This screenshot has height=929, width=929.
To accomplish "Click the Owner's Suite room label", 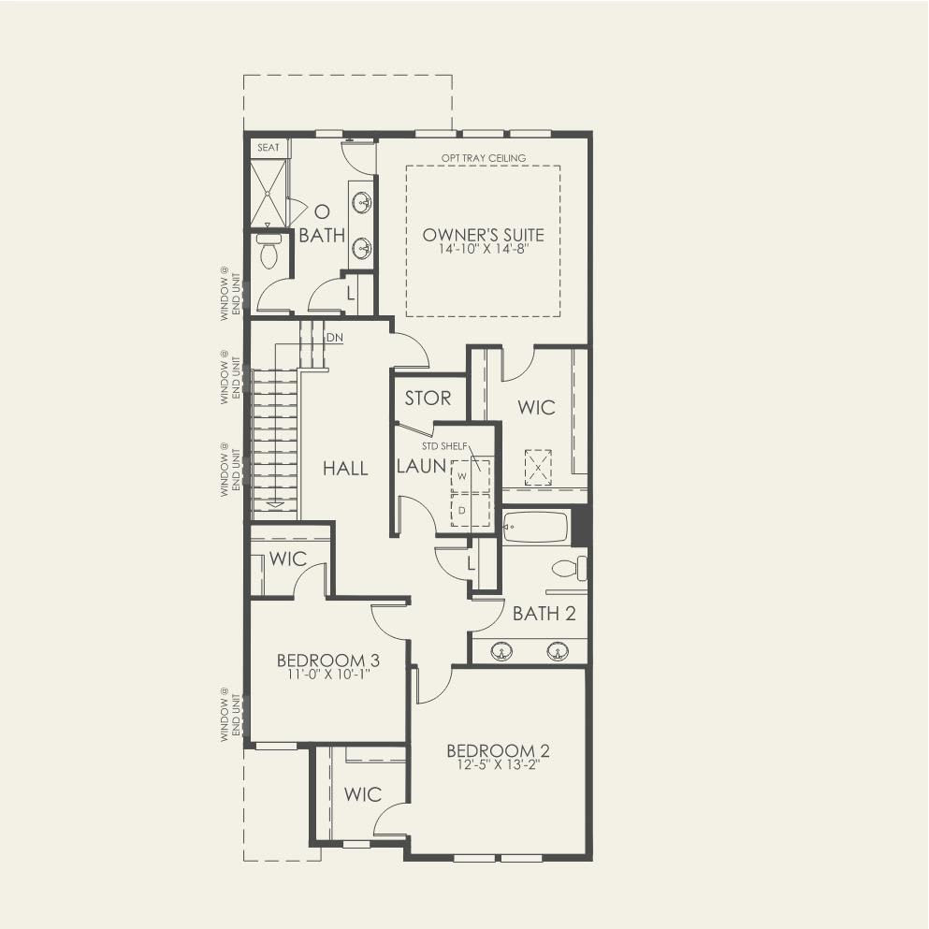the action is tap(483, 235).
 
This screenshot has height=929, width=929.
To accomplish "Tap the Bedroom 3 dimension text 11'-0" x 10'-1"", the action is tap(328, 675).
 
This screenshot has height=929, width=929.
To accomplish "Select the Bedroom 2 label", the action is tap(498, 750).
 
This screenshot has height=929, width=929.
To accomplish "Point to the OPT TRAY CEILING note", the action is tap(484, 158).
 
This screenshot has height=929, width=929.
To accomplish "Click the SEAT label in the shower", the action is tap(269, 147).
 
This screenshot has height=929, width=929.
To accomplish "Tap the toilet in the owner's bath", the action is tap(269, 249).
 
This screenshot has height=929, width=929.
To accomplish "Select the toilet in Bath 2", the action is tap(570, 570).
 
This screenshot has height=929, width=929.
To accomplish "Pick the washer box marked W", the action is tap(471, 475).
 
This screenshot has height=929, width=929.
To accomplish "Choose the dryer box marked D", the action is tap(471, 510).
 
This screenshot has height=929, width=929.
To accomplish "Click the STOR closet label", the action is tap(428, 399).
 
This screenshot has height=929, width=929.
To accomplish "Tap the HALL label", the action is tap(345, 469).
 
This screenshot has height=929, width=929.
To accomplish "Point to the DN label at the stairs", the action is tap(335, 338).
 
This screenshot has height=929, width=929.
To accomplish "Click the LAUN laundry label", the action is tap(421, 466).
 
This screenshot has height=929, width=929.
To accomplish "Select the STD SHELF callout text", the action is tap(444, 446).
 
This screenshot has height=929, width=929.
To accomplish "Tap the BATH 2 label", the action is tap(544, 613).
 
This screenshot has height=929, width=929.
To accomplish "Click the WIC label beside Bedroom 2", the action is tap(363, 794).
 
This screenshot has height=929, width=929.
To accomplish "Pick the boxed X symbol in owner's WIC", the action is tap(538, 468).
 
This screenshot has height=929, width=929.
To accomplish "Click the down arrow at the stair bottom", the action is tap(275, 504).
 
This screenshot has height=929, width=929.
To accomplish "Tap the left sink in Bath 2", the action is tap(501, 652).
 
